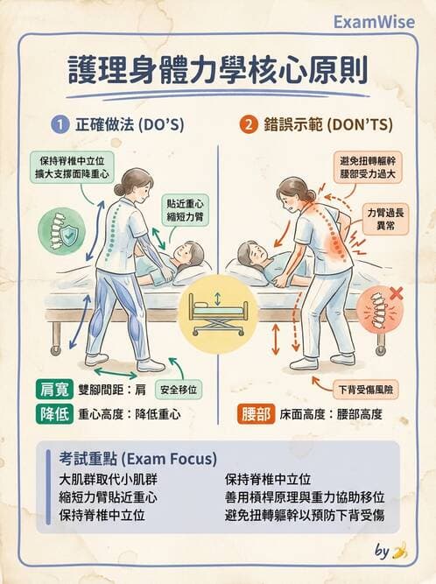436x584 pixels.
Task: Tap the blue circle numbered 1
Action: click(x=59, y=125)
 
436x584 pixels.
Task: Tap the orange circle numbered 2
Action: click(x=250, y=125)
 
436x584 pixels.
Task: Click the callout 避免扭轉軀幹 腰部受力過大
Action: click(x=363, y=167)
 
